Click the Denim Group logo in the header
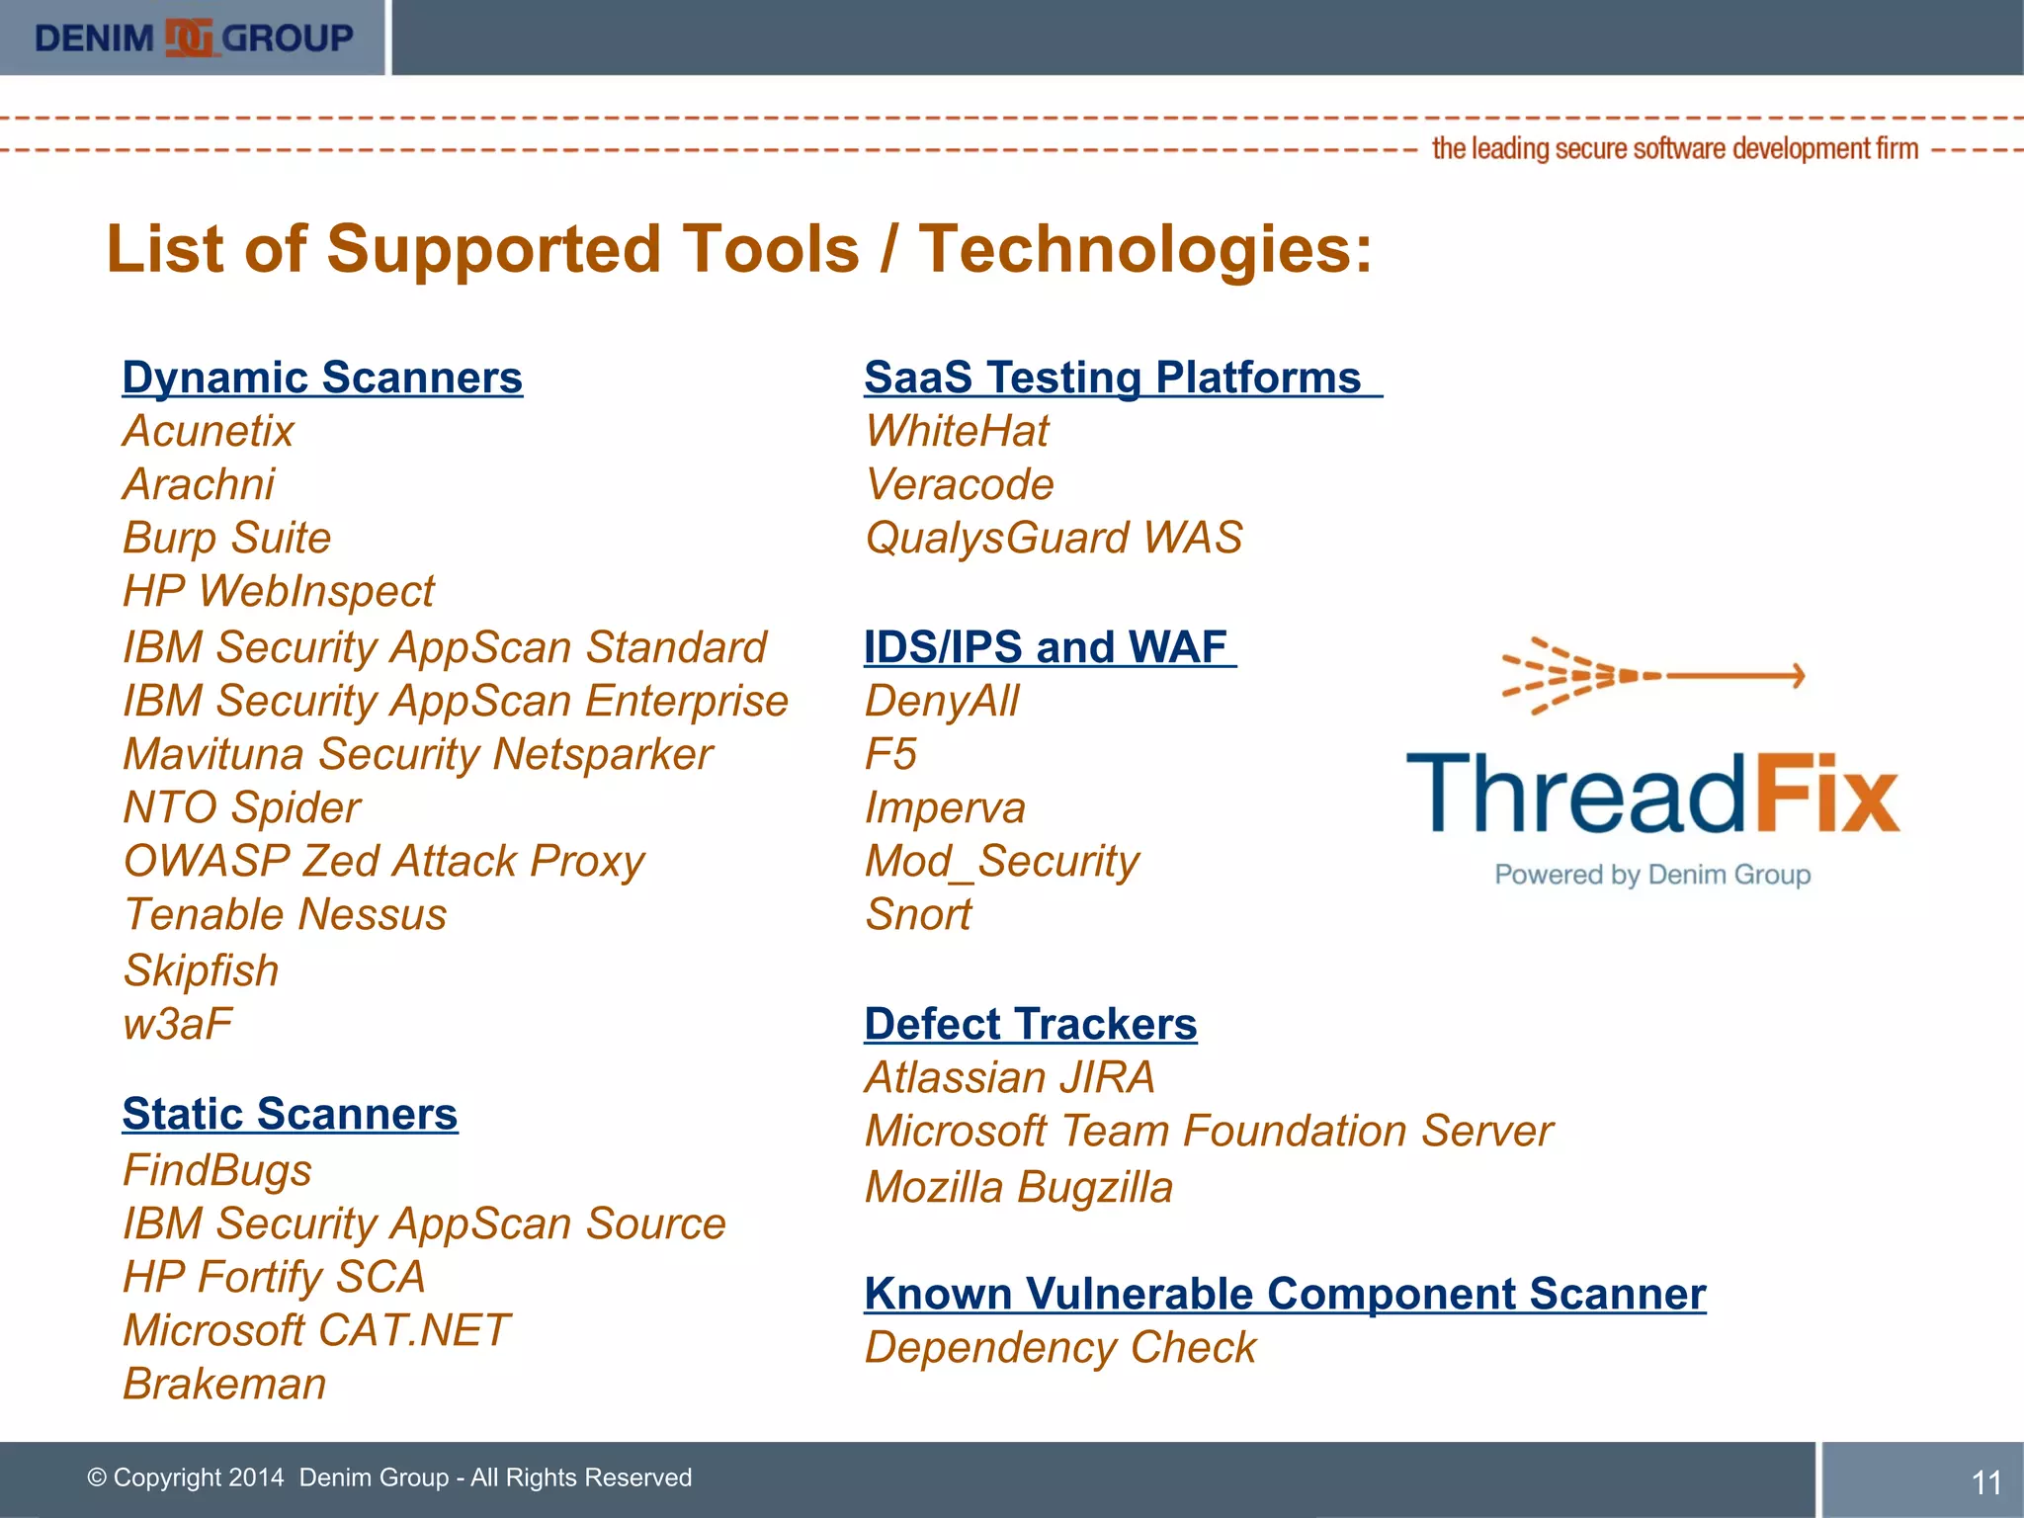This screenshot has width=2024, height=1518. tap(194, 38)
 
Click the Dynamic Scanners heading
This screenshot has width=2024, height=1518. tap(322, 378)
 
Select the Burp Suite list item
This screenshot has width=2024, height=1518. tap(226, 539)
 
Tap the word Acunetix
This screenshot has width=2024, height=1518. tap(209, 431)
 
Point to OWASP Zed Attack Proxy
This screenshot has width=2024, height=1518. tap(383, 862)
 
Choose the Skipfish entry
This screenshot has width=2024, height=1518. tap(201, 970)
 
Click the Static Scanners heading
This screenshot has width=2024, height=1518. tap(290, 1114)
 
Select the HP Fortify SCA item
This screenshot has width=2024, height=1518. tap(274, 1277)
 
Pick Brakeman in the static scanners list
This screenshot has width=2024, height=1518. tap(224, 1384)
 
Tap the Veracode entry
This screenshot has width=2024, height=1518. tap(960, 485)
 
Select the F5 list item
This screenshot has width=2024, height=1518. tap(890, 755)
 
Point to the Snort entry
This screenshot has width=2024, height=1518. tap(918, 915)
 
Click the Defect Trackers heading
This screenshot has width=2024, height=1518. tap(1030, 1024)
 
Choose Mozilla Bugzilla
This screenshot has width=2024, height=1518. tap(1019, 1187)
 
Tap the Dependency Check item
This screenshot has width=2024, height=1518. tap(1059, 1348)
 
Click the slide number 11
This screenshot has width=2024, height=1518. tap(1986, 1482)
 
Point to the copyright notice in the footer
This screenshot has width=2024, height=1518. tap(389, 1477)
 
